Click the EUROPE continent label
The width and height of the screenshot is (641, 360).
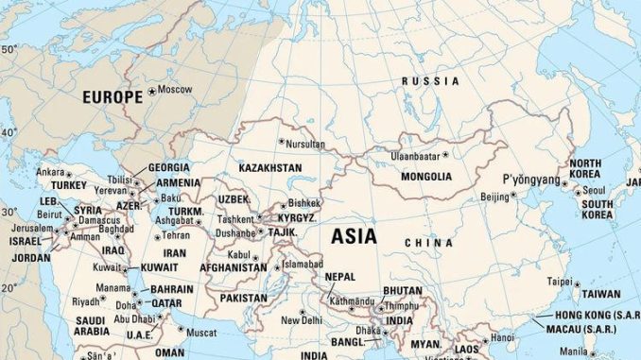[x=113, y=96]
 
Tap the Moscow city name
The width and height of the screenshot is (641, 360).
[x=175, y=90]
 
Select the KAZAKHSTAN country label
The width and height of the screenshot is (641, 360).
[x=270, y=167]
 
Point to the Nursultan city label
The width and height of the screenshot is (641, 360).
[x=305, y=145]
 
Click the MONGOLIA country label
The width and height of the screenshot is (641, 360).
[x=426, y=176]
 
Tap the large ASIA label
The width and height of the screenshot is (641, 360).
[x=354, y=235]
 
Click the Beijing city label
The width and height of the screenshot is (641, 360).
[x=494, y=197]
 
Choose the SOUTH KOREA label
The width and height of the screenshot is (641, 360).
[x=598, y=209]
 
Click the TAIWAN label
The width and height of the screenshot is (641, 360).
[x=600, y=294]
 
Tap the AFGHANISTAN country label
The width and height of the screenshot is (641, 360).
[x=234, y=267]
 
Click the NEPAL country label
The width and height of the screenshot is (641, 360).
[x=340, y=277]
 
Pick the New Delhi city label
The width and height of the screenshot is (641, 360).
[x=302, y=320]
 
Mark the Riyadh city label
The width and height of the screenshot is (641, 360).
[x=86, y=301]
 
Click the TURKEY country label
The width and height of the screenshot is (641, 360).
[x=68, y=186]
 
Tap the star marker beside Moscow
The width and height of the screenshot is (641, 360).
[x=151, y=91]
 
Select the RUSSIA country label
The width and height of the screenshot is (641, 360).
[x=430, y=81]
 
